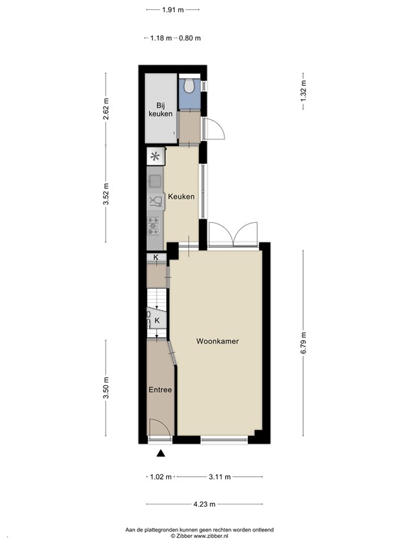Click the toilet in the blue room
[189, 85]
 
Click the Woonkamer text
[217, 341]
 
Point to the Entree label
[160, 390]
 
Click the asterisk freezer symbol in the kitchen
[156, 156]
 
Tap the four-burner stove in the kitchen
[154, 226]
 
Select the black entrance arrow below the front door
[160, 454]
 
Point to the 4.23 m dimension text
[204, 505]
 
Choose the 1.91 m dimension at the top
[173, 10]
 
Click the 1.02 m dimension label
[160, 477]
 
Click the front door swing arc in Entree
[162, 428]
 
